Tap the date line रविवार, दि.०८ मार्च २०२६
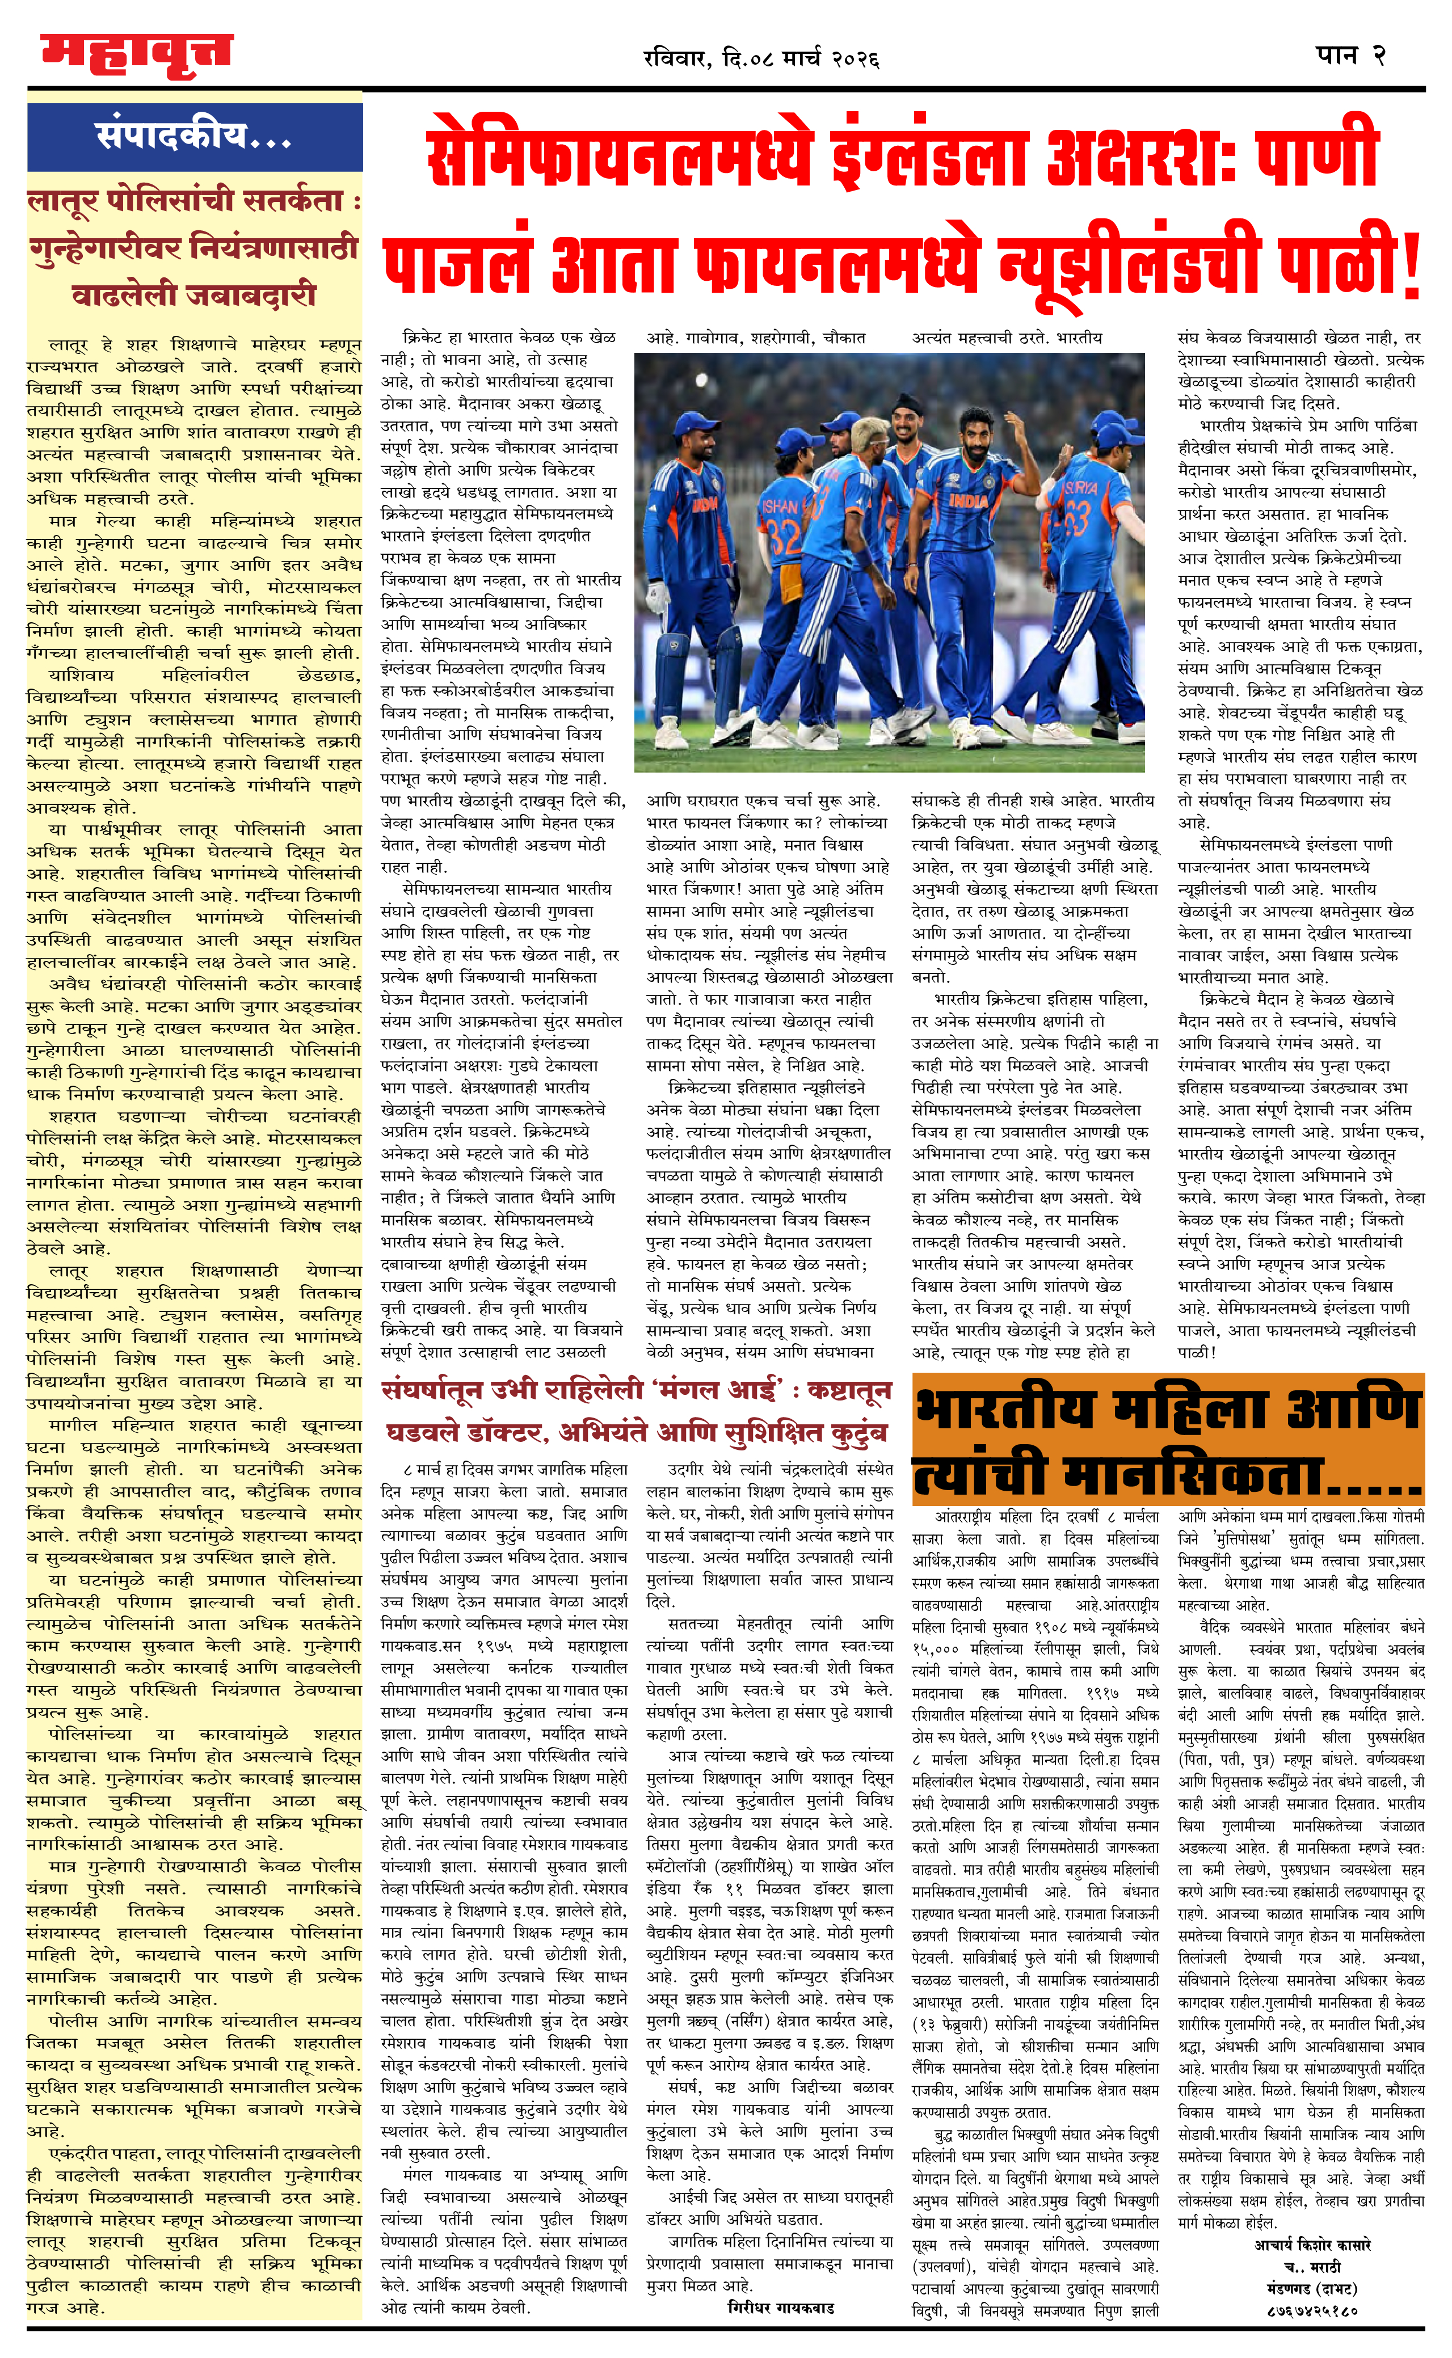pyautogui.click(x=761, y=58)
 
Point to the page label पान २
pyautogui.click(x=1350, y=54)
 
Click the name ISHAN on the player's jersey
pyautogui.click(x=780, y=505)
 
